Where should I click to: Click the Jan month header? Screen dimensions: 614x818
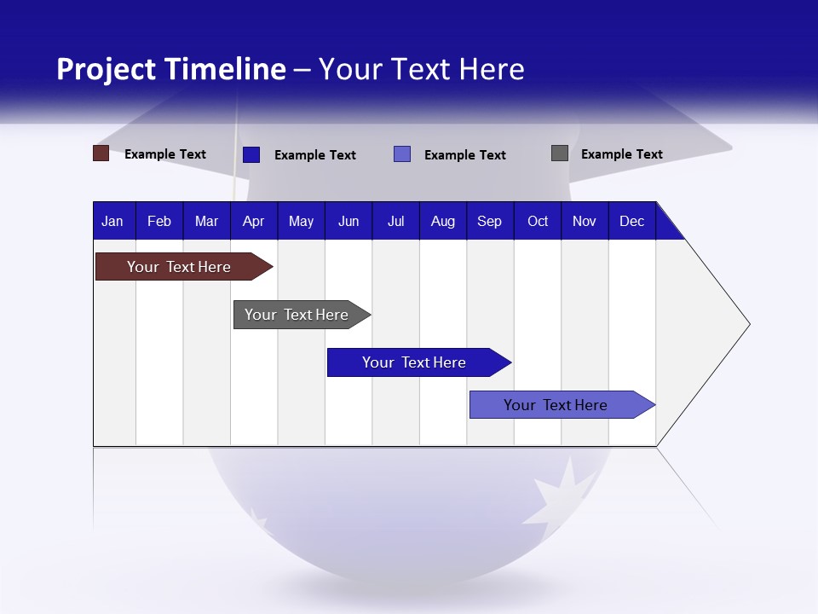click(x=112, y=221)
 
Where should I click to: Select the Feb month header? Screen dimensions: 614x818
click(x=159, y=221)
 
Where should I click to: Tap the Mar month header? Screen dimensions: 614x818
click(x=206, y=221)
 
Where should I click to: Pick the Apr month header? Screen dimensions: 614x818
click(x=253, y=221)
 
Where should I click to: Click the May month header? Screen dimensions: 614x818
click(x=301, y=221)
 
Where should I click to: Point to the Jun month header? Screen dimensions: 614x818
click(x=349, y=221)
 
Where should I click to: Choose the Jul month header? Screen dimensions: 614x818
click(x=395, y=221)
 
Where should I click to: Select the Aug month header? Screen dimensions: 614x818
click(x=443, y=221)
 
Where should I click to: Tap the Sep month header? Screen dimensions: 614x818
click(x=490, y=221)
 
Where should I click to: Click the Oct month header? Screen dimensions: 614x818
click(x=538, y=221)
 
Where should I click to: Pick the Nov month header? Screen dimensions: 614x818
click(x=585, y=221)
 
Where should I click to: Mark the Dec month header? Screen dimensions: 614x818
click(x=632, y=221)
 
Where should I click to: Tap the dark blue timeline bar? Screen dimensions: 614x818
click(x=415, y=362)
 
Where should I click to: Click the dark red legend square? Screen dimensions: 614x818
click(x=101, y=153)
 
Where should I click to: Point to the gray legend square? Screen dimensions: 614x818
click(x=560, y=153)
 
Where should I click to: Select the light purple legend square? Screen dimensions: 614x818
click(x=402, y=154)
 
